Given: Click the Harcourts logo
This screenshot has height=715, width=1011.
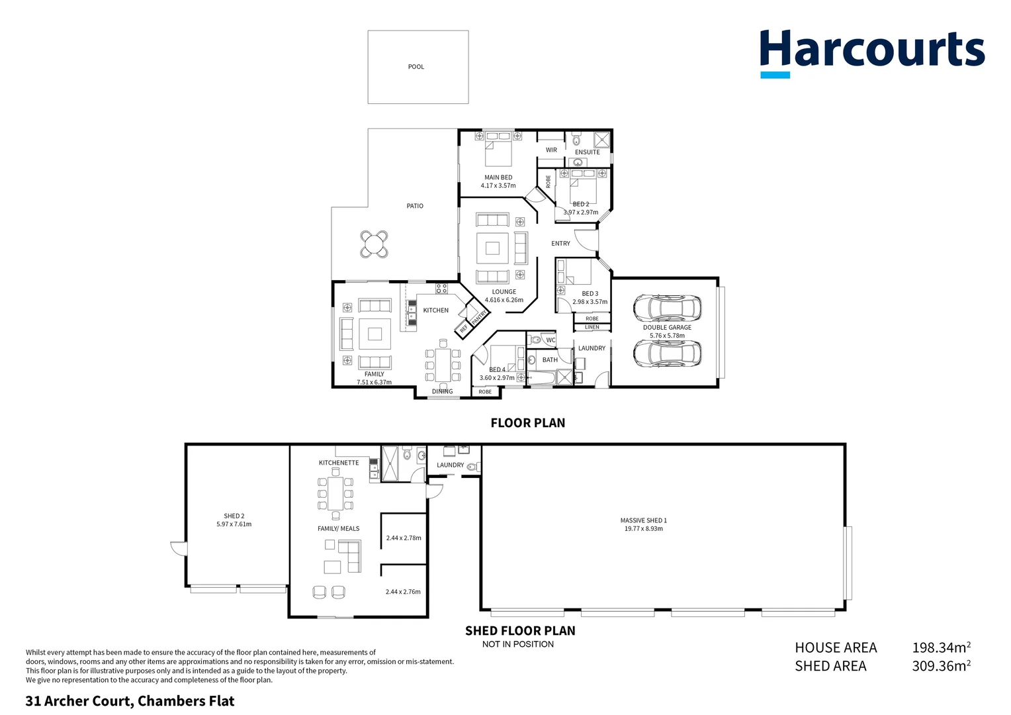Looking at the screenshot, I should click(x=872, y=52).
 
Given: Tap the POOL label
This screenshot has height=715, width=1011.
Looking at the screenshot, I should click(x=416, y=67).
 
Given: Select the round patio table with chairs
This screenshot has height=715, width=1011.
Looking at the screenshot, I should click(x=374, y=244).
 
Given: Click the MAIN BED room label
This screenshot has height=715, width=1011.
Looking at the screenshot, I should click(x=498, y=177).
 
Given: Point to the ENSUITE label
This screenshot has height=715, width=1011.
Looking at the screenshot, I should click(x=587, y=152).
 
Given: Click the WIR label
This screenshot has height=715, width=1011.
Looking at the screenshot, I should click(x=551, y=150).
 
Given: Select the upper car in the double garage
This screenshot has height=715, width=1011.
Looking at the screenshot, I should click(x=667, y=307).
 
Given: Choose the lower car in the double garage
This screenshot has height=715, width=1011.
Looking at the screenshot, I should click(x=667, y=354).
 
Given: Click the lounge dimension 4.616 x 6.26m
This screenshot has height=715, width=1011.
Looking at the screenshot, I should click(x=504, y=300).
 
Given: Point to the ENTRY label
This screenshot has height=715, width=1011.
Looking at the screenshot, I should click(x=560, y=244).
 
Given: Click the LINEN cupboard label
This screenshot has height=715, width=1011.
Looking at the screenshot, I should click(x=592, y=327).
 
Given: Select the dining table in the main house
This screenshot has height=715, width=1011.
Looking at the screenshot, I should click(x=443, y=365).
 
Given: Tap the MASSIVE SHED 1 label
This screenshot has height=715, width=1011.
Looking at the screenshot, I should click(x=643, y=520).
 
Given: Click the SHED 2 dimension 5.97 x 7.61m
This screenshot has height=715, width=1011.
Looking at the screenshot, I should click(x=234, y=524).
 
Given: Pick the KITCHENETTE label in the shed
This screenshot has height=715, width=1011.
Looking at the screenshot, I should click(x=339, y=463).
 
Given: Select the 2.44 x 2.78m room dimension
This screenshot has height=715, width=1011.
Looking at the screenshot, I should click(x=404, y=538).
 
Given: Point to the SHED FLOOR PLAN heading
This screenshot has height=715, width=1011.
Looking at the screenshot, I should click(x=520, y=631).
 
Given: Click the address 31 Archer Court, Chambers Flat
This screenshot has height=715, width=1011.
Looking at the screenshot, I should click(x=130, y=701).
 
